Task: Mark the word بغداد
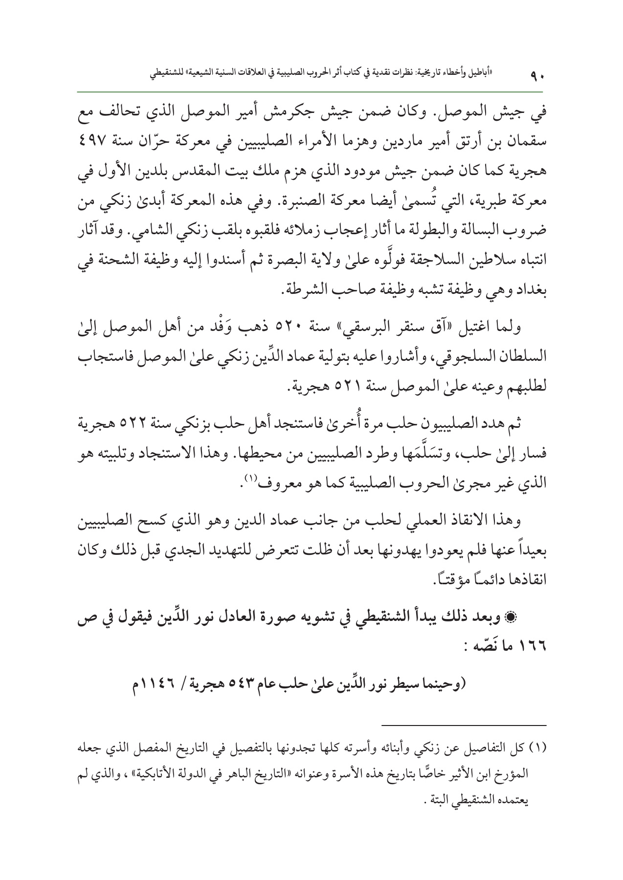click(530, 289)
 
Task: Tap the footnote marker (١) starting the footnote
click(538, 748)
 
